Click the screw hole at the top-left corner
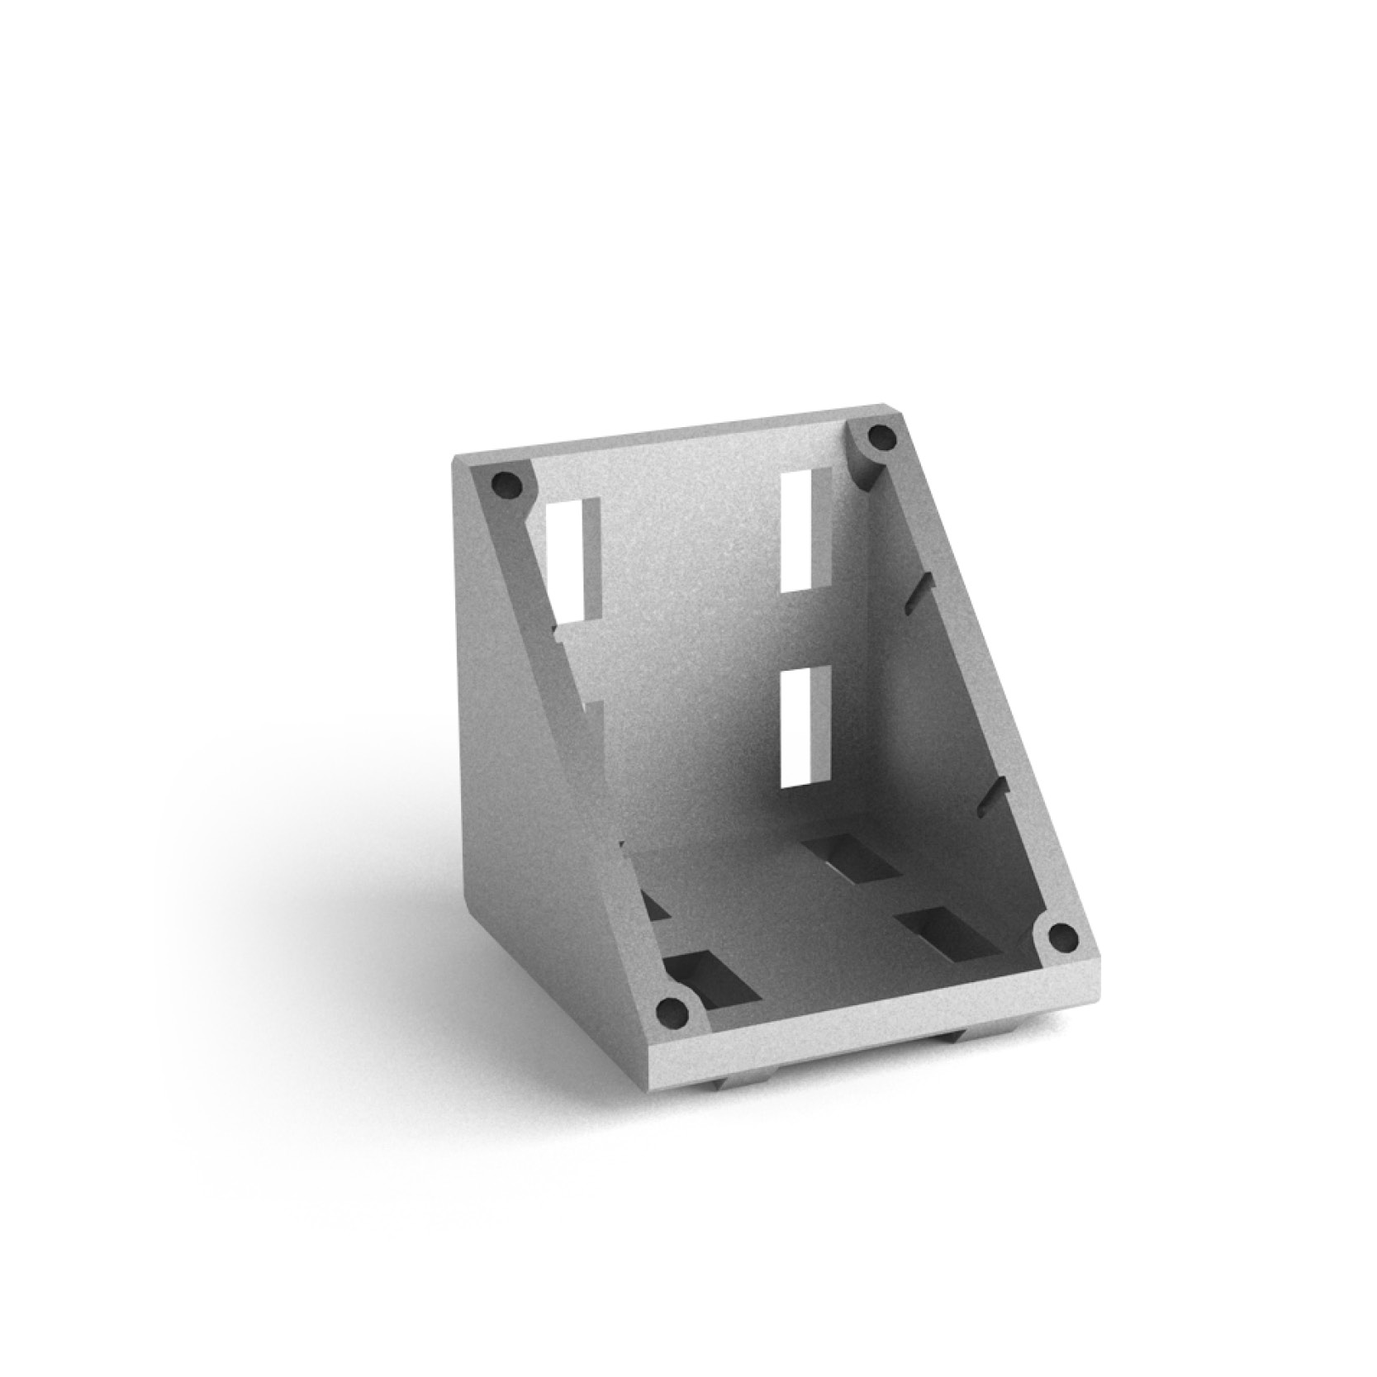506,484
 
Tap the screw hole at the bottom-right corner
1061,937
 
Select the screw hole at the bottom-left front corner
671,1010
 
